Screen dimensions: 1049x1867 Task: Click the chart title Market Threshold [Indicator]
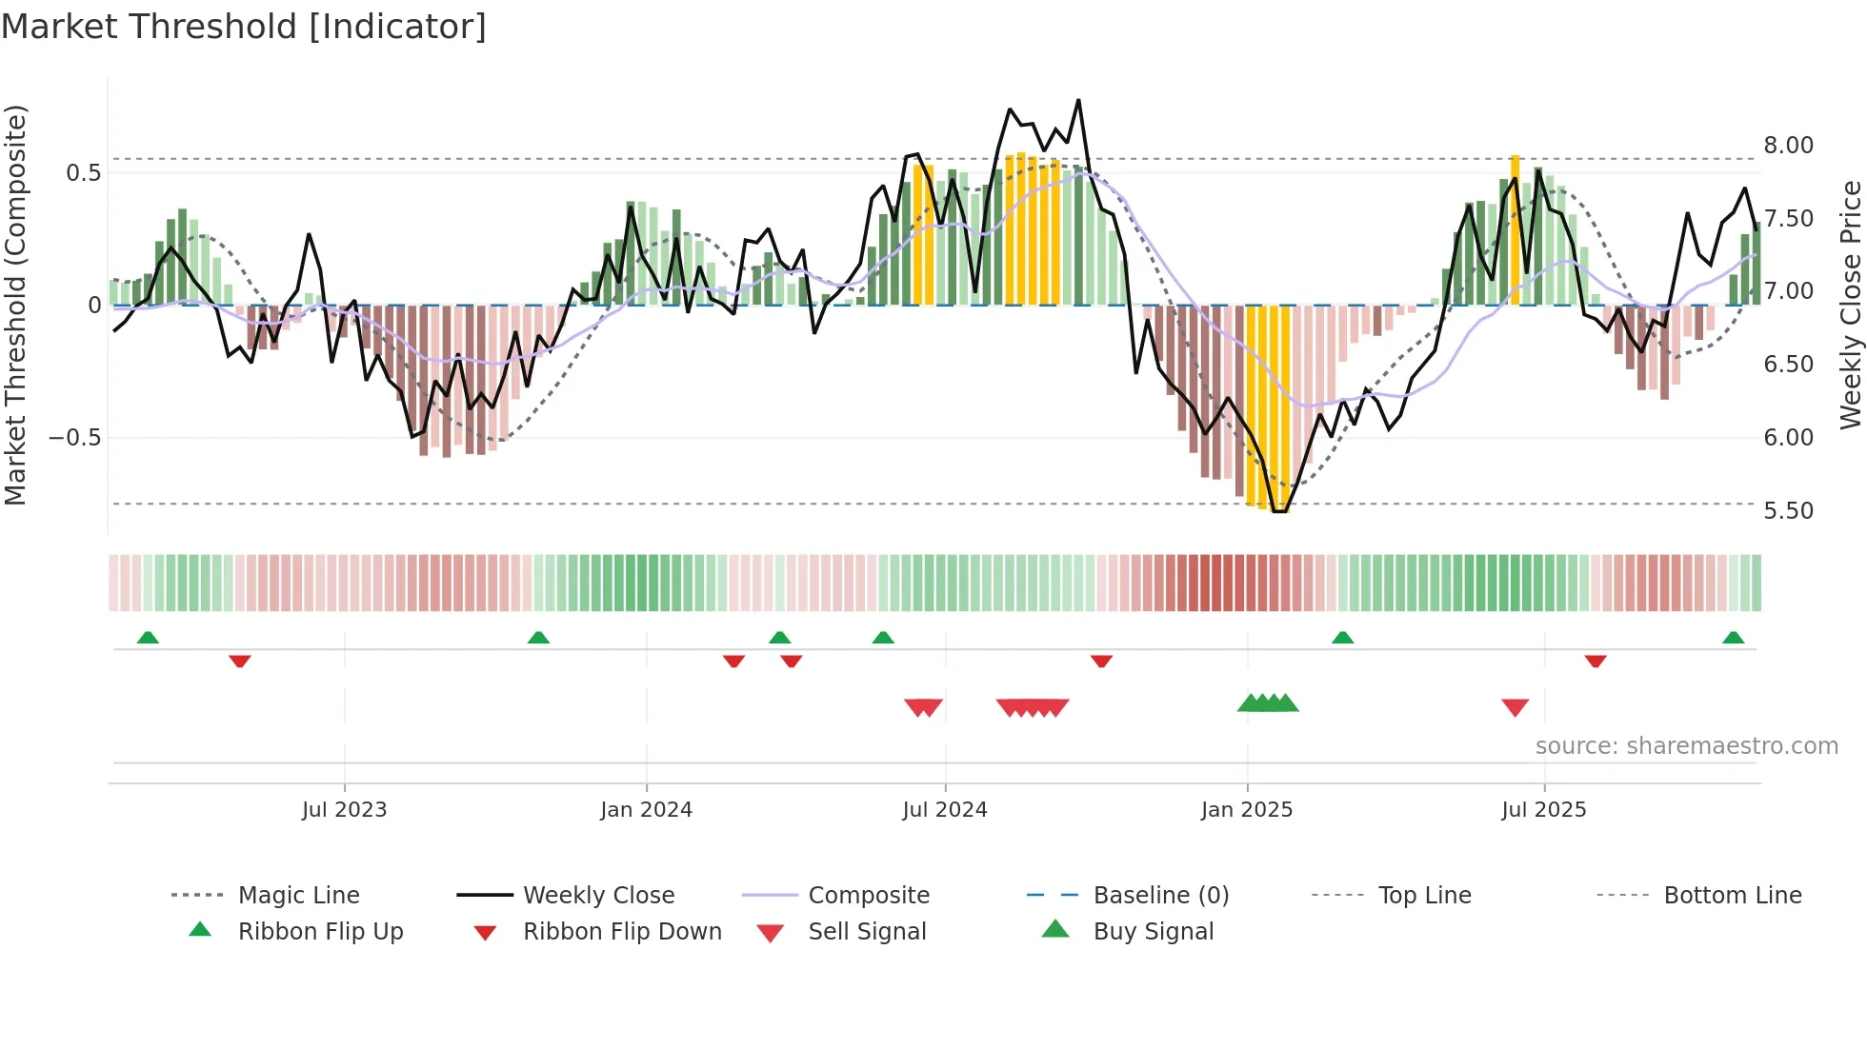coord(244,27)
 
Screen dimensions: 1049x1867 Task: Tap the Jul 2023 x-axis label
coord(344,810)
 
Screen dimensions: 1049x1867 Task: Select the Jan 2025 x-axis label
coord(1246,810)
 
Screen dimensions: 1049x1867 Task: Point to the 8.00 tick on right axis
coord(1788,146)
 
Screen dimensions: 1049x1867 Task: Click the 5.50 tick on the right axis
coord(1788,511)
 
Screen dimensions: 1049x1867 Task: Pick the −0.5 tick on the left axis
coord(74,438)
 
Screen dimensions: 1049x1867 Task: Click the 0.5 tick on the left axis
coord(83,173)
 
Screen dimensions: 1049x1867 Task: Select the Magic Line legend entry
coord(298,896)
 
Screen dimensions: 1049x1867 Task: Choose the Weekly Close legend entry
coord(598,896)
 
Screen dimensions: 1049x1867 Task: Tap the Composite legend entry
coord(868,896)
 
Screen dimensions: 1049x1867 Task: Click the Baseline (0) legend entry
coord(1160,896)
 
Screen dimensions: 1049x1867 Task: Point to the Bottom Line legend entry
coord(1732,896)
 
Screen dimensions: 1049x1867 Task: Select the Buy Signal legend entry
coord(1153,932)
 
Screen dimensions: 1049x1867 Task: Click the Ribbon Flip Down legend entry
coord(622,932)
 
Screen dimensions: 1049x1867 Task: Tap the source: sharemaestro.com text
coord(1686,746)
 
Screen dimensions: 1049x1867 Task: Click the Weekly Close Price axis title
coord(1850,305)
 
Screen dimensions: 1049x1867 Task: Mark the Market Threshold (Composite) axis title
coord(15,305)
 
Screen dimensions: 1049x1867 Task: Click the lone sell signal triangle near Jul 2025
coord(1515,707)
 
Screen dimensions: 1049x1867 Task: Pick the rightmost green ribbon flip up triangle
coord(1733,638)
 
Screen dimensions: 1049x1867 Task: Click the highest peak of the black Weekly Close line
coord(1078,100)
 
